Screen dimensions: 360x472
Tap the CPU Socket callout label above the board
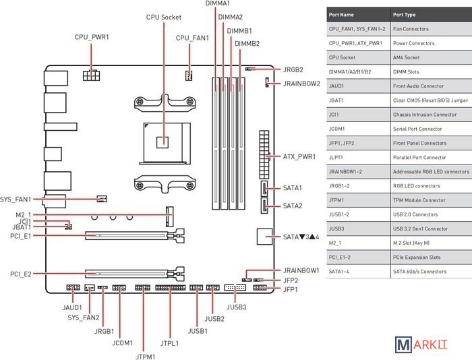coord(164,17)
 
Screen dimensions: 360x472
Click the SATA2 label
coord(293,206)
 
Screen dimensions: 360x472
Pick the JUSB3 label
coord(236,307)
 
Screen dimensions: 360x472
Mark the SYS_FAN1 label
coord(16,199)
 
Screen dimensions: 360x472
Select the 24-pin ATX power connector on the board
coord(262,156)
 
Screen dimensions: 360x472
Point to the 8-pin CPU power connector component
coord(90,75)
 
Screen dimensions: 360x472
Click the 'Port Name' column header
coord(342,14)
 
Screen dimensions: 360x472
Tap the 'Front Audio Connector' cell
coord(418,86)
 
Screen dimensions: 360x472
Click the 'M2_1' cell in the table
coord(335,243)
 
